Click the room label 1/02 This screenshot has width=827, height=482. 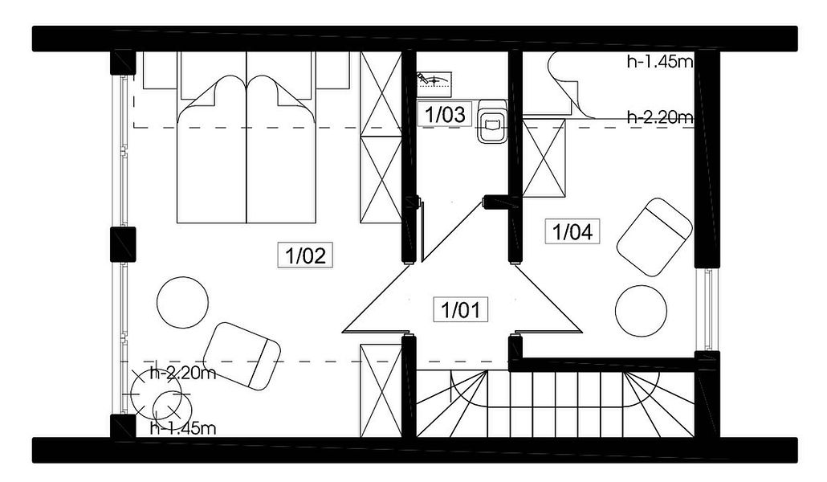click(305, 255)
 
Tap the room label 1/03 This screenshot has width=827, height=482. click(445, 114)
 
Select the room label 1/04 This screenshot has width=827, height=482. click(572, 231)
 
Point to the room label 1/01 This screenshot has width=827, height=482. click(461, 309)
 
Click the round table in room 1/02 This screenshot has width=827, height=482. click(182, 303)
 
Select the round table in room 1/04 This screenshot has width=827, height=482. click(641, 310)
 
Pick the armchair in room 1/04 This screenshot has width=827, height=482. click(654, 237)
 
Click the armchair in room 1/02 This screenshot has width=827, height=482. click(242, 357)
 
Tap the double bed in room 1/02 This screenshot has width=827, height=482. click(246, 149)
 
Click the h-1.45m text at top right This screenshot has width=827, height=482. click(659, 63)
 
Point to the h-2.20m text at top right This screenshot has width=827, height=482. click(659, 116)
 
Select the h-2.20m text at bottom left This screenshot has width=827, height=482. click(183, 374)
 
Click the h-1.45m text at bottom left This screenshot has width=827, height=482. click(183, 427)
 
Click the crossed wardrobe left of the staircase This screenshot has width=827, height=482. click(381, 390)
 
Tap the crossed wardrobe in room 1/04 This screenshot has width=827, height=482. click(544, 158)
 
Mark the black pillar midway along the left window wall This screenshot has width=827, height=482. click(123, 244)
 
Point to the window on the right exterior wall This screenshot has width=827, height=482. click(707, 310)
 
